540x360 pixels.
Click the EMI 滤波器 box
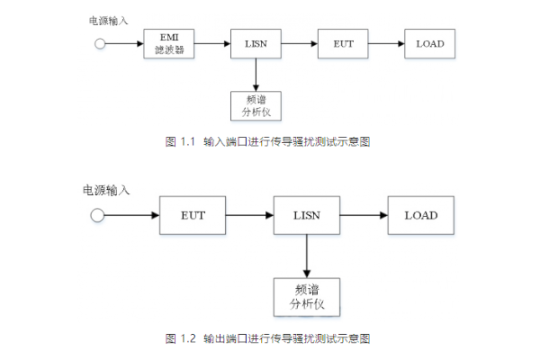170,42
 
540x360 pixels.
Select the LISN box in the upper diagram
256,42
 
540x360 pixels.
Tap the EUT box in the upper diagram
343,42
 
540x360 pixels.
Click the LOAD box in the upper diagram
429,42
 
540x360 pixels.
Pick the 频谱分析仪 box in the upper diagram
256,105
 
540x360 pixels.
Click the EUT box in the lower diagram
193,215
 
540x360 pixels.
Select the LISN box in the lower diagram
306,215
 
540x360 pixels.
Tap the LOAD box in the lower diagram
420,215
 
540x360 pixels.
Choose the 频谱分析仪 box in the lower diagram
306,297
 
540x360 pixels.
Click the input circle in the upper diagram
100,42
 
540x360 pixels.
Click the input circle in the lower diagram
98,215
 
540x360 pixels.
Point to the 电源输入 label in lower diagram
106,190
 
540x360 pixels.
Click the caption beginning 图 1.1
269,141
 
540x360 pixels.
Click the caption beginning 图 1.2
269,338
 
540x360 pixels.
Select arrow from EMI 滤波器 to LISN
213,42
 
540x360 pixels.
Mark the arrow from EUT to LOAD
386,42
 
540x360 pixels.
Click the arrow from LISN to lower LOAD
364,215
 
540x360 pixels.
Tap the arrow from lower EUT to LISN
249,215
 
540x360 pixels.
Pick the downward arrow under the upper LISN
256,73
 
